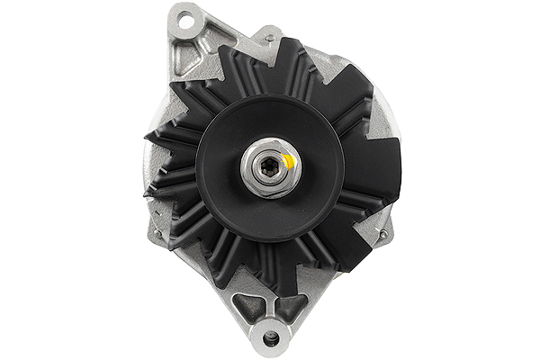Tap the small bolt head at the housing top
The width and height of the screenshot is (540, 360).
point(267,38)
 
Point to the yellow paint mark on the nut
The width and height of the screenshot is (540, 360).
point(287,161)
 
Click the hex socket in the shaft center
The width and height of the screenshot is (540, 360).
point(269,167)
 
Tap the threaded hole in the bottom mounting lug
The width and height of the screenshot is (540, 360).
point(271,338)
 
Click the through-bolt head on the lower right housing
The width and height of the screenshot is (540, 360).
point(382,236)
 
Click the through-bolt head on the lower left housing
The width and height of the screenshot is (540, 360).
point(158,235)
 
